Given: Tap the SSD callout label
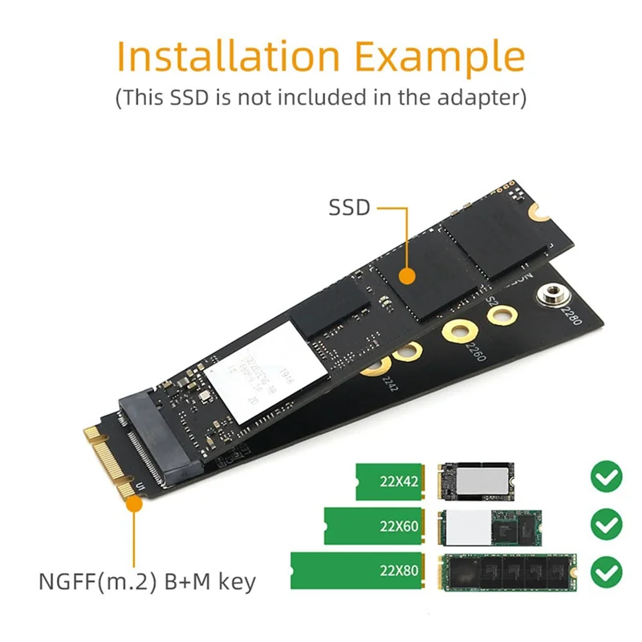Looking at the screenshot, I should click(349, 208).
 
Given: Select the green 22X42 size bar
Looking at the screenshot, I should click(390, 481).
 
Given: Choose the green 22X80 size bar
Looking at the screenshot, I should click(358, 571).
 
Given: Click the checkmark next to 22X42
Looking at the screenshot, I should click(606, 478).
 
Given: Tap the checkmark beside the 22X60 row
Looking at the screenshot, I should click(606, 525).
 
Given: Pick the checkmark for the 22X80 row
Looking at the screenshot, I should click(606, 571).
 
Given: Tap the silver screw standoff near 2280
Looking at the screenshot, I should click(553, 295).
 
